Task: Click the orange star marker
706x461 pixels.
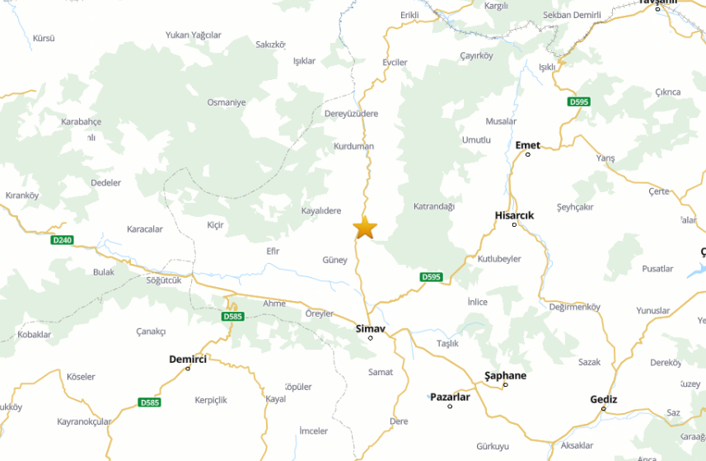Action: coord(365,227)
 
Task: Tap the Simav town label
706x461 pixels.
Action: coord(370,328)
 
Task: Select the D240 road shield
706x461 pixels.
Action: coord(62,240)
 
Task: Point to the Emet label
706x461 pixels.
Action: coord(527,145)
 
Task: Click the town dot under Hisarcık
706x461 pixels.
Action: coord(515,224)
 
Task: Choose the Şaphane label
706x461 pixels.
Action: coord(504,375)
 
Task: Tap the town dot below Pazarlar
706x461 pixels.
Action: coord(450,407)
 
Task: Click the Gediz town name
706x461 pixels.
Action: coord(604,399)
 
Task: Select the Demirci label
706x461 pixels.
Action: coord(188,359)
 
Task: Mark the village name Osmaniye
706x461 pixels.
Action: coord(227,102)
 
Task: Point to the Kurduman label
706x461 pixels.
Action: coord(353,147)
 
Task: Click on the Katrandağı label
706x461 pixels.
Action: coord(433,206)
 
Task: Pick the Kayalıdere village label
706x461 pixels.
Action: coord(321,210)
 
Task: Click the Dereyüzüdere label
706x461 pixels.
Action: coord(351,114)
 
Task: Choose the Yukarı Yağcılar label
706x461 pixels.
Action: coord(194,35)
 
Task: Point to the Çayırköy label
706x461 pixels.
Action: coord(476,56)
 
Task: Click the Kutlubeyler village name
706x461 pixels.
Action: coord(499,259)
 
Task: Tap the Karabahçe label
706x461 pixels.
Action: coord(81,121)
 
